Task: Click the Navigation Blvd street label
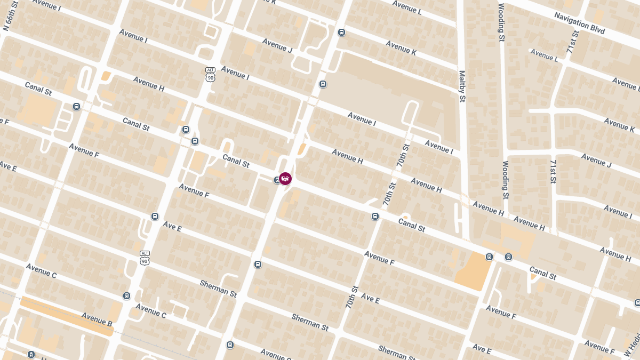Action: point(579,23)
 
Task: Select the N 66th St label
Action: point(7,15)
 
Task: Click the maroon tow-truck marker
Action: point(285,178)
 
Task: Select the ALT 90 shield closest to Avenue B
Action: point(145,258)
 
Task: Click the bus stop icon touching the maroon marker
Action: point(277,180)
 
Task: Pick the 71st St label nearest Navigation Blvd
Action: point(573,42)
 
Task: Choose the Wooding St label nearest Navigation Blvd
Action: point(501,22)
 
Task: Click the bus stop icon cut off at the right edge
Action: point(637,303)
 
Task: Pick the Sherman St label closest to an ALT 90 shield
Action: point(218,287)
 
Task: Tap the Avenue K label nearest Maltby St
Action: point(401,48)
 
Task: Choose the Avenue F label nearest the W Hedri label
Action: point(599,346)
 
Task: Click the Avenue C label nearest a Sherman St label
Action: point(151,311)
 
